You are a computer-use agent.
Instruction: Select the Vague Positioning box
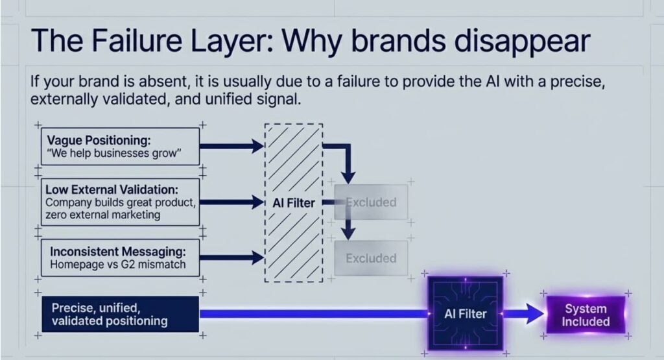pyautogui.click(x=120, y=146)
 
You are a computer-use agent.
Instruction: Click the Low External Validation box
pyautogui.click(x=120, y=202)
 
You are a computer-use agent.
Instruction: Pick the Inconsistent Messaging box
pyautogui.click(x=120, y=258)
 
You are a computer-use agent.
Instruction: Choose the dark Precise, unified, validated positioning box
pyautogui.click(x=119, y=314)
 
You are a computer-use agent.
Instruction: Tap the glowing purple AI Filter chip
pyautogui.click(x=465, y=314)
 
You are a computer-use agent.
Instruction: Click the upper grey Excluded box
pyautogui.click(x=372, y=202)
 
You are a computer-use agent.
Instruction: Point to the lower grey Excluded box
pyautogui.click(x=371, y=258)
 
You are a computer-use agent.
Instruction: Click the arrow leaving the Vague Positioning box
pyautogui.click(x=231, y=146)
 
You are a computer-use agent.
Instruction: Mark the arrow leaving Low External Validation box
pyautogui.click(x=231, y=202)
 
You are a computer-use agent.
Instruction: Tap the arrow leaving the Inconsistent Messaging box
pyautogui.click(x=231, y=258)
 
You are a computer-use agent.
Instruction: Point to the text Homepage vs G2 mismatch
pyautogui.click(x=117, y=264)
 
